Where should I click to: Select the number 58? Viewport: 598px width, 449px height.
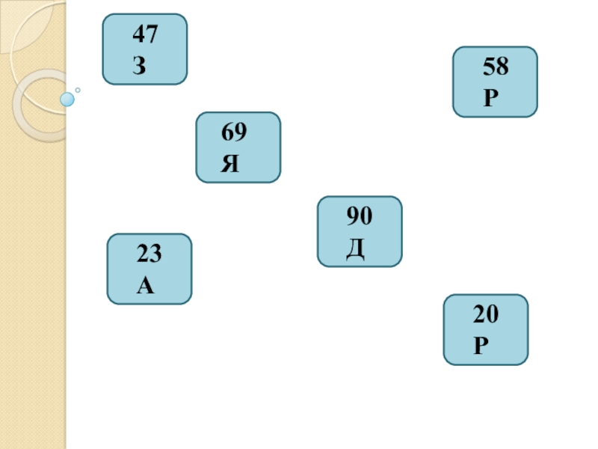496,68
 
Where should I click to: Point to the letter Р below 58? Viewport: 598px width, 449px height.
490,99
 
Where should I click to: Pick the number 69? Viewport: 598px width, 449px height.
234,134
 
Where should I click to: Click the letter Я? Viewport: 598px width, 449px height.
230,165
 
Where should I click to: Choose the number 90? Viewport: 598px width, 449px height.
359,218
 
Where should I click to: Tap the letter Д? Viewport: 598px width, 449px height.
354,250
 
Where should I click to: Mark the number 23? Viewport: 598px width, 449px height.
149,255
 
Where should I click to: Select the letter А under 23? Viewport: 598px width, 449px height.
145,286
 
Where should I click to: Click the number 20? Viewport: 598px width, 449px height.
485,316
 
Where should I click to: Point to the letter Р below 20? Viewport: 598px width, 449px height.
480,346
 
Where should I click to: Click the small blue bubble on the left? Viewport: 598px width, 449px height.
67,98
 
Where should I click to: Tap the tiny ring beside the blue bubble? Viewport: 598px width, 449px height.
77,90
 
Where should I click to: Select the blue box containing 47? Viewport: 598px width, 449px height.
144,49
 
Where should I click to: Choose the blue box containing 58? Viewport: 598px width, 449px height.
495,82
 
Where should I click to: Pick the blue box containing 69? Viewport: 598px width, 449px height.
238,147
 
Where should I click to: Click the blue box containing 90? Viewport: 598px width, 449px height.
360,231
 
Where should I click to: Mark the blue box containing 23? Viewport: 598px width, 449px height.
149,269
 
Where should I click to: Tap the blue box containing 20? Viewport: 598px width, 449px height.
486,329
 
